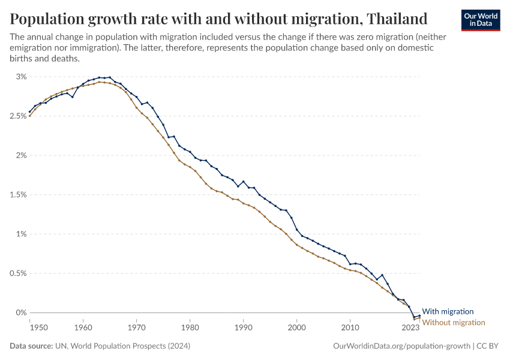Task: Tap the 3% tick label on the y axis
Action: point(22,77)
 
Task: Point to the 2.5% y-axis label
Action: point(17,116)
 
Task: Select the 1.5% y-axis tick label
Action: point(17,194)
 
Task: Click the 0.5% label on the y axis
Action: point(17,273)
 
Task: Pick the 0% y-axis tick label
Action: point(22,313)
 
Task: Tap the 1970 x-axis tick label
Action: point(137,328)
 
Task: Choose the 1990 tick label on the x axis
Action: point(244,328)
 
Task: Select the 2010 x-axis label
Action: point(350,328)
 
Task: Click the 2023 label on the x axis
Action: point(410,328)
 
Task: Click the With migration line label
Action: point(448,311)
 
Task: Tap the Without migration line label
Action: point(454,323)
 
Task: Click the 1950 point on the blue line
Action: point(30,112)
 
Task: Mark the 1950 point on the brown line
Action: point(30,116)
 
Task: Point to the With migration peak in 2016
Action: point(382,275)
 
